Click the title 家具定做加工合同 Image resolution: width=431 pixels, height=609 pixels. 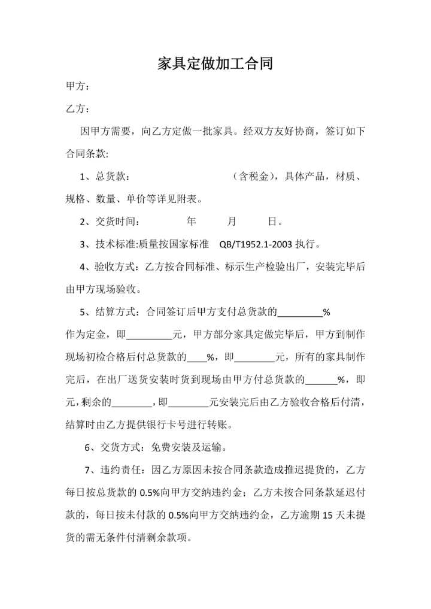click(x=215, y=63)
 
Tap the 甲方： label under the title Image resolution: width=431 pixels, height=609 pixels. click(x=78, y=87)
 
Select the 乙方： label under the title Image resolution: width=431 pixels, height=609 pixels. click(x=78, y=109)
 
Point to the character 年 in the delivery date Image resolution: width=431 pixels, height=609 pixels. click(x=191, y=222)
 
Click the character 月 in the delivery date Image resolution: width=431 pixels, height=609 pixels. click(x=232, y=222)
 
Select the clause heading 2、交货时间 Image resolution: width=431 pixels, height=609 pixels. click(x=109, y=222)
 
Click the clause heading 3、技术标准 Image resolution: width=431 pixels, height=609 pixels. click(x=108, y=244)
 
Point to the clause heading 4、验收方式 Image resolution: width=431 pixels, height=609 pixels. click(x=108, y=266)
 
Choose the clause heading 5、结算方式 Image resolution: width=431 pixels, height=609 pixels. click(x=108, y=311)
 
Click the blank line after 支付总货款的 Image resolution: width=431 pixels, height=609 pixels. click(x=301, y=313)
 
